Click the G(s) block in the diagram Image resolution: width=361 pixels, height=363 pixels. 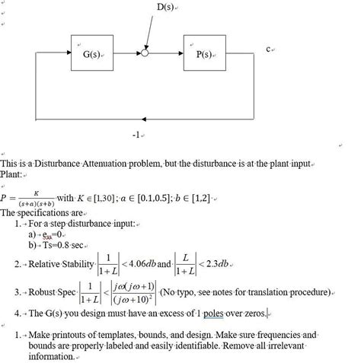(x=94, y=55)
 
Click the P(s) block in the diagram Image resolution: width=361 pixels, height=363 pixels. (x=204, y=55)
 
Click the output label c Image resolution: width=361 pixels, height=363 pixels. (x=270, y=49)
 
